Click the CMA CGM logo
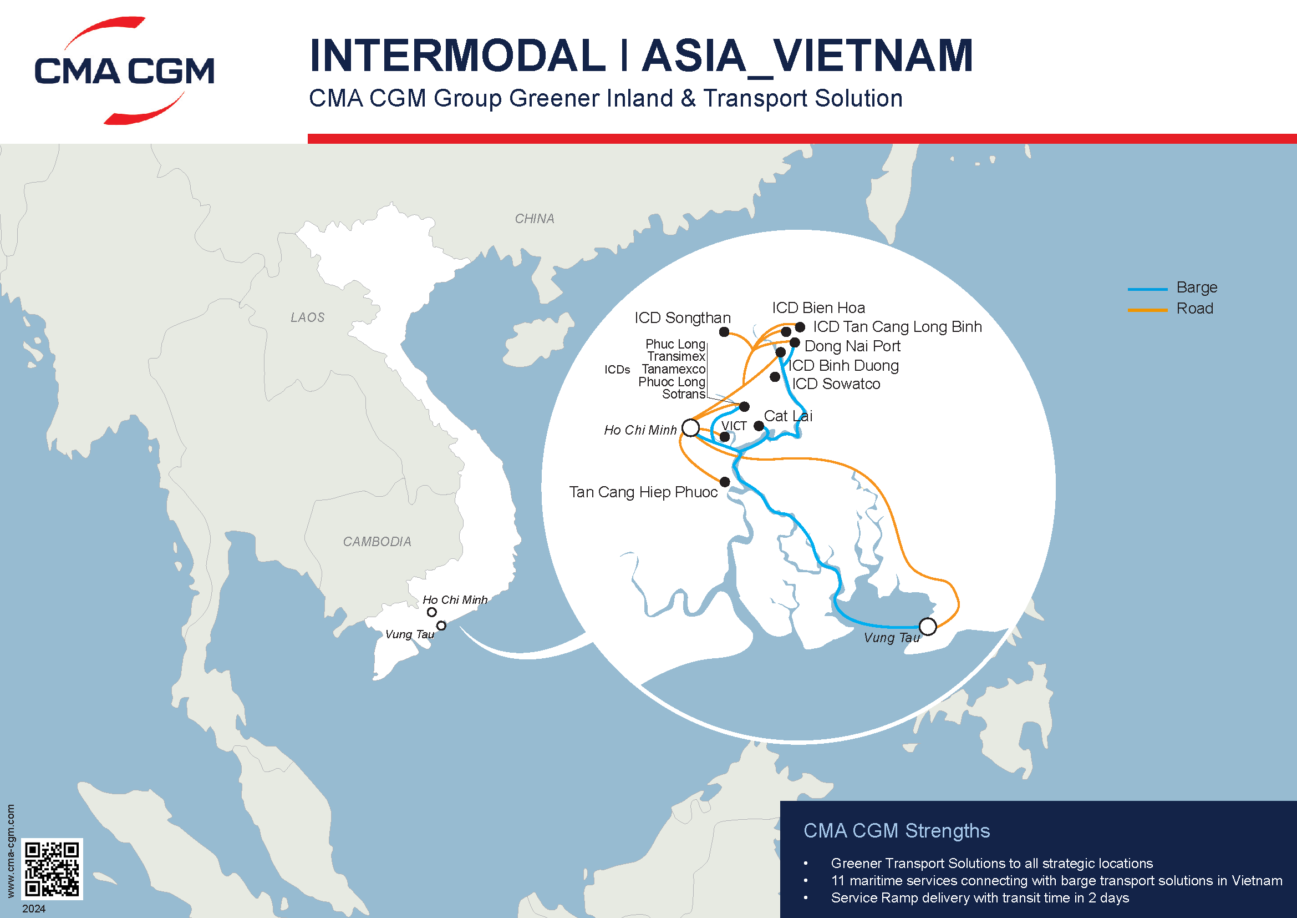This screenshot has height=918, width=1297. (124, 70)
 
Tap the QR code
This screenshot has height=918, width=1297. (52, 869)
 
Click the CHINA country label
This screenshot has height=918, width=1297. (535, 219)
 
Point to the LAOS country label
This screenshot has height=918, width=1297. (307, 317)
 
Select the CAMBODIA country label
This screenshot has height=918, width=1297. (377, 542)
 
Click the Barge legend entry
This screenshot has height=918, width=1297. (1197, 287)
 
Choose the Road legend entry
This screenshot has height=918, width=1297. (1194, 309)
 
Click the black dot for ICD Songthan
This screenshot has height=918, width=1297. (724, 332)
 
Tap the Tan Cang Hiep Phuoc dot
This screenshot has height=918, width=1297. (725, 482)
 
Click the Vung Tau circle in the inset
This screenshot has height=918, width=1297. (928, 626)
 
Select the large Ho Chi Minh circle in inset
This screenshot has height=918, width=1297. (690, 427)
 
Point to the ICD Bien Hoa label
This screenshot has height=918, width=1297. (818, 308)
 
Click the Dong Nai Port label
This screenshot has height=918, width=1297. (852, 346)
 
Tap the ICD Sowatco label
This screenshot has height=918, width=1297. (836, 384)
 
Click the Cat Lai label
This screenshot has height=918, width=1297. (788, 416)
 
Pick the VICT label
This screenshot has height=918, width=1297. (734, 426)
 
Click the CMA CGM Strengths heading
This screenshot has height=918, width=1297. (897, 830)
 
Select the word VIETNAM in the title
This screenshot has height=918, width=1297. (873, 56)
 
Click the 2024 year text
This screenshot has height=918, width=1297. (34, 909)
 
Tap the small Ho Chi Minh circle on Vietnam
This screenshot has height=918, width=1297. (431, 612)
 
